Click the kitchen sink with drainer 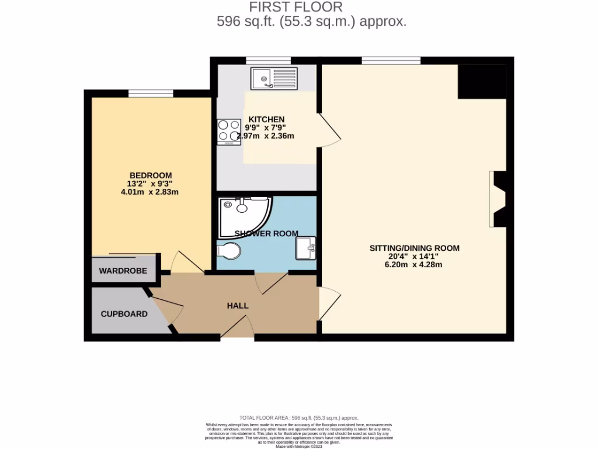click(x=274, y=77)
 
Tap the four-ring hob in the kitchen click(x=229, y=132)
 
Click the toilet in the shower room click(x=228, y=251)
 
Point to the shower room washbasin click(x=305, y=248)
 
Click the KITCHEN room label click(x=266, y=119)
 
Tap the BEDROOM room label click(x=151, y=175)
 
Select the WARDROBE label click(x=122, y=271)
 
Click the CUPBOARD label click(x=124, y=314)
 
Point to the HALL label click(x=238, y=306)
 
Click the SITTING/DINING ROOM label click(x=415, y=248)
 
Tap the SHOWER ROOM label click(x=266, y=233)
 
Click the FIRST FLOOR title click(x=295, y=7)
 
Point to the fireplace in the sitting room click(x=498, y=199)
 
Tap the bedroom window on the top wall click(x=151, y=93)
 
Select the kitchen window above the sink click(x=268, y=60)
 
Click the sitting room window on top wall click(x=391, y=60)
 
